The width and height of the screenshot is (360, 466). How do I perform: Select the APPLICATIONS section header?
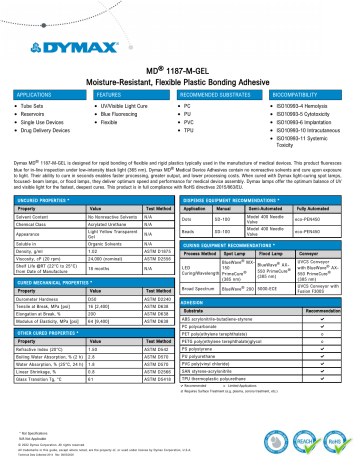[x=35, y=89]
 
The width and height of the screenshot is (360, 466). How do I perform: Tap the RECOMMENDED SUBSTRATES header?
[x=219, y=89]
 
